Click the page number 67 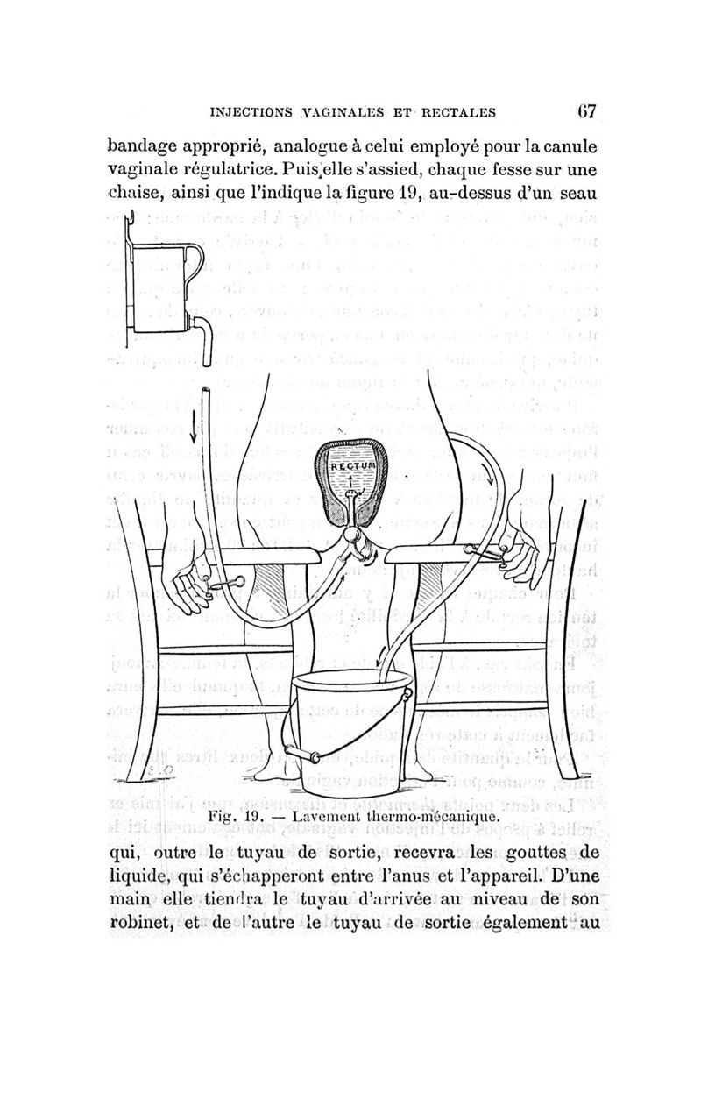coord(585,111)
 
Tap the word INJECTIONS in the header coord(255,112)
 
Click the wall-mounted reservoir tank coord(161,285)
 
